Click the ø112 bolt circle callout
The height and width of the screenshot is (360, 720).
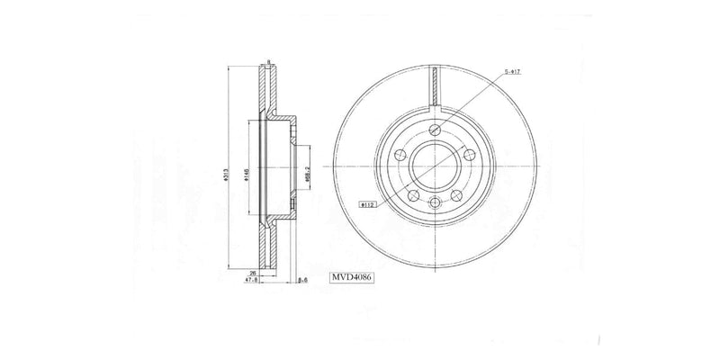[x=367, y=204]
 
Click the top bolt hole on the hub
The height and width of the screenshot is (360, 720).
[x=435, y=130]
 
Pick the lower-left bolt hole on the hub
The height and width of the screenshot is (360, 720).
[x=414, y=196]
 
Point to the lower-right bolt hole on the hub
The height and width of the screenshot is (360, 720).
[x=455, y=196]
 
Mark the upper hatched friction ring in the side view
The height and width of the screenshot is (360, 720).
[x=270, y=90]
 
